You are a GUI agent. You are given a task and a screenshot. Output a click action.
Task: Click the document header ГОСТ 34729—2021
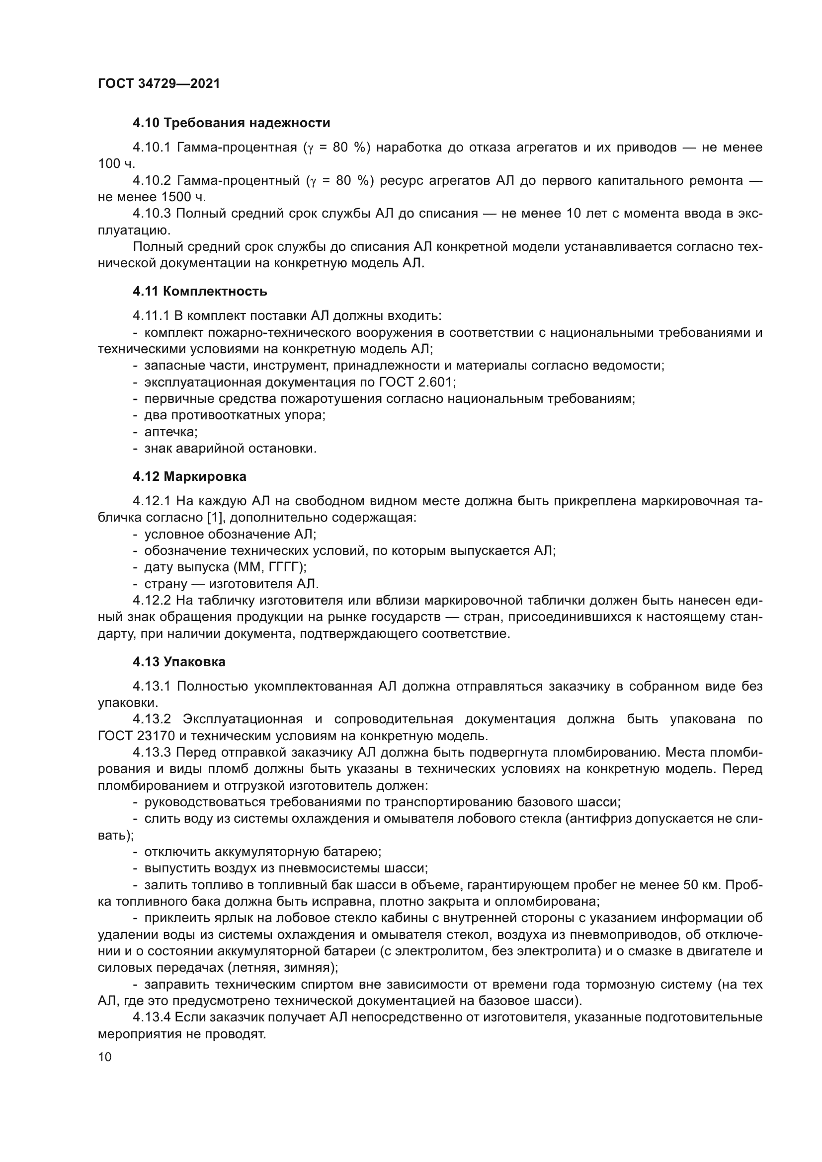159,84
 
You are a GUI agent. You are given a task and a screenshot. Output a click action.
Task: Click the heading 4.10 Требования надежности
231,123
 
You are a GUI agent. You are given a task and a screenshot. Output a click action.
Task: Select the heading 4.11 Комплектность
200,292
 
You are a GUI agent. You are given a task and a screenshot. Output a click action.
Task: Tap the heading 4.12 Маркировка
190,477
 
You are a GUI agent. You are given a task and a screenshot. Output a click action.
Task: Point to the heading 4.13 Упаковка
179,662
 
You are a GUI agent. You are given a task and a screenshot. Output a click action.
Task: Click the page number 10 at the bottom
105,1057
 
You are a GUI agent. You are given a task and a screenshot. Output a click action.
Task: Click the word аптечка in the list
169,432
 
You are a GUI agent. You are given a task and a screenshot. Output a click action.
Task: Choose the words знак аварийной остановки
230,449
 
